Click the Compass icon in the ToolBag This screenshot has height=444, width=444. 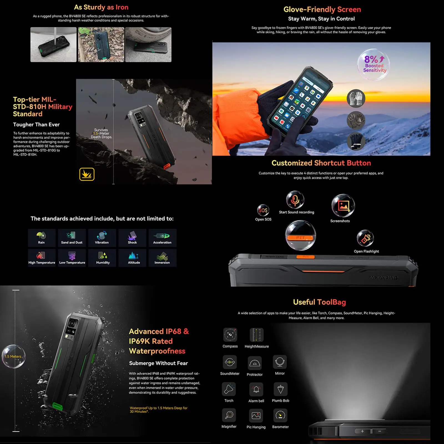coord(230,335)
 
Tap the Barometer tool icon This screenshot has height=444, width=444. coord(280,415)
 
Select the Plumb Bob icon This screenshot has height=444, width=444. coord(280,389)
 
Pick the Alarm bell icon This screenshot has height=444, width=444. coord(256,389)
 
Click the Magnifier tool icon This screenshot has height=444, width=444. coord(229,415)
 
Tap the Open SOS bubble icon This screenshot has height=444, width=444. coord(263,210)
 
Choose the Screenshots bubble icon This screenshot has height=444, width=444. coord(343,206)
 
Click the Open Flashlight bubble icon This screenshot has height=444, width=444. coord(365,238)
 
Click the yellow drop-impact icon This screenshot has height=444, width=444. coord(87,174)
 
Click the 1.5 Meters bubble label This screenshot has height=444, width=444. coord(13,356)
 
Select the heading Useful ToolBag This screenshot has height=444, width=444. coord(319,302)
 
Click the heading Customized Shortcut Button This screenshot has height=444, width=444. coord(321,163)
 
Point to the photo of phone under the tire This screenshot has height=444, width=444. coord(148,45)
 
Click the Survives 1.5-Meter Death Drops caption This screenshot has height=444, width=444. coord(101,133)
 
